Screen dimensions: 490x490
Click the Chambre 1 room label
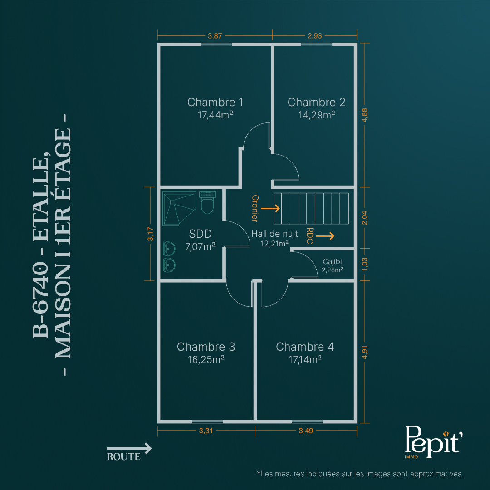pos(216,102)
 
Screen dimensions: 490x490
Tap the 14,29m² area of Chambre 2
pos(317,115)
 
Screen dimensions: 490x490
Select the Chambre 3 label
pos(206,347)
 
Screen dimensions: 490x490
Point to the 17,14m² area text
pos(305,360)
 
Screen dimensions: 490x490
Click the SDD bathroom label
pos(201,234)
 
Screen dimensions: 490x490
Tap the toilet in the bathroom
pos(207,203)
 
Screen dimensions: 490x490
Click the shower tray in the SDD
pos(179,208)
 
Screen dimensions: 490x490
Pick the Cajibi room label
pos(332,262)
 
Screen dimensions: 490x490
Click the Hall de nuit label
pos(274,234)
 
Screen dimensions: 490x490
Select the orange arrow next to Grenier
pos(270,208)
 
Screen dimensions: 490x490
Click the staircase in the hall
pos(311,208)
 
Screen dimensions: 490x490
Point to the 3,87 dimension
pos(215,36)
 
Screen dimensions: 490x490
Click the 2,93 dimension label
pos(315,36)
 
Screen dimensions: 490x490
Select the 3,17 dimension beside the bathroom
pos(150,234)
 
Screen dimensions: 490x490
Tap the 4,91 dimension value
pos(365,352)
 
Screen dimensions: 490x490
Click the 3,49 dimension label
pos(306,431)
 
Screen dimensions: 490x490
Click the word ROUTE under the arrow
pos(124,457)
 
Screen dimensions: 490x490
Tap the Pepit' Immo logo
pos(433,442)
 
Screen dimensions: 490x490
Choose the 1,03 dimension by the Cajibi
pos(365,265)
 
